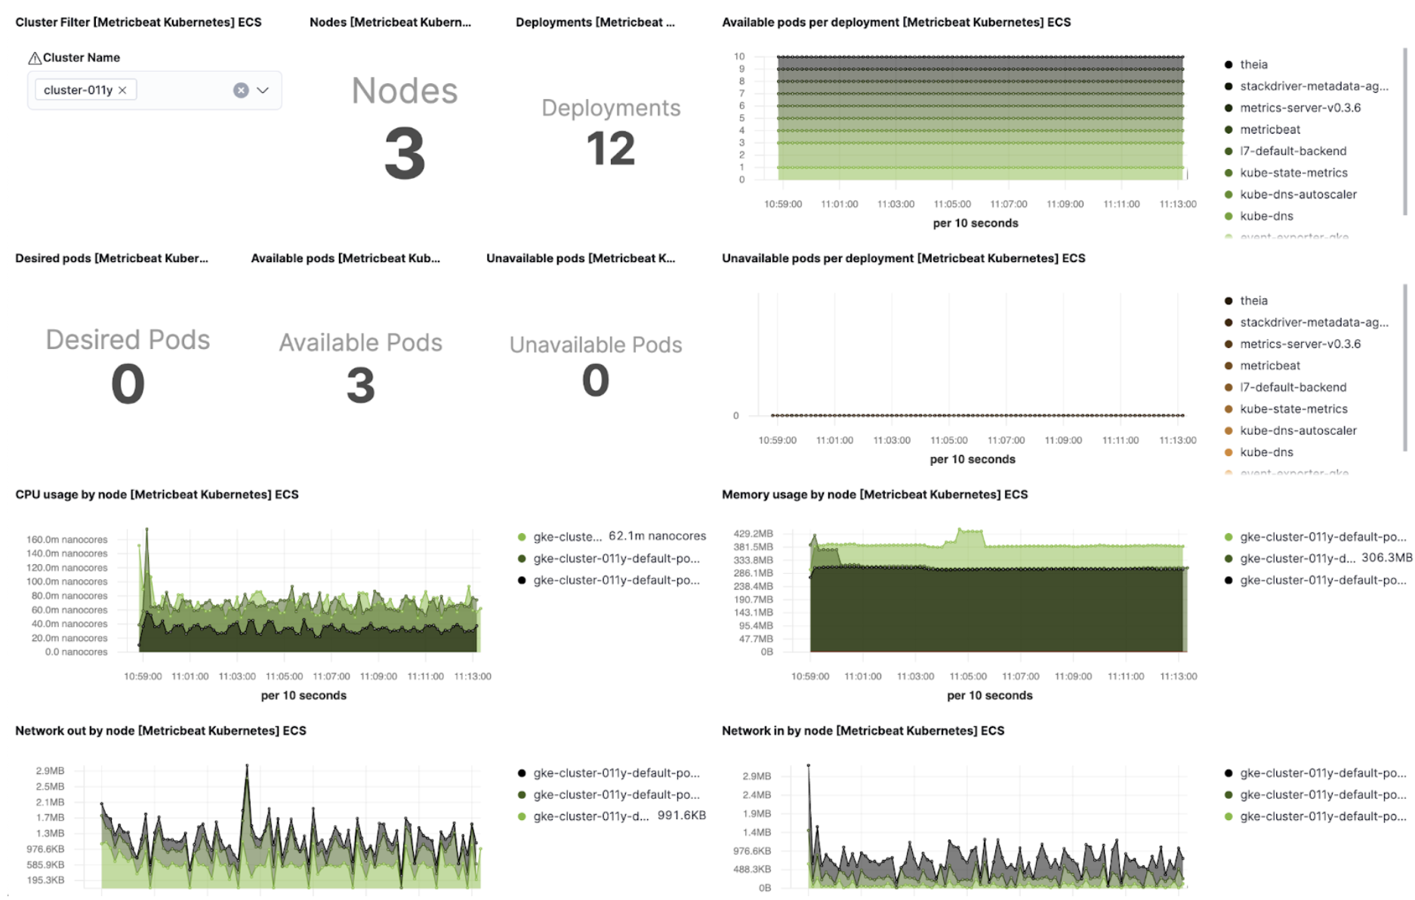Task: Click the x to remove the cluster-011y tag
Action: pos(122,90)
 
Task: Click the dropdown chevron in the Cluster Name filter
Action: pos(263,90)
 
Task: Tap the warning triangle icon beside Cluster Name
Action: pos(35,58)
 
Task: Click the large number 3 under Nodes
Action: pos(405,154)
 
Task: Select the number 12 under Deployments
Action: pos(610,149)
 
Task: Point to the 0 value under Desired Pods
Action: pos(128,384)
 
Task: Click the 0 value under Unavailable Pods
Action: pos(595,380)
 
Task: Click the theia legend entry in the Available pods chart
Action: pos(1253,65)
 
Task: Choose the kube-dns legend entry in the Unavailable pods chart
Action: pos(1266,452)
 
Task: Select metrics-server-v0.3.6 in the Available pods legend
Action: pos(1299,108)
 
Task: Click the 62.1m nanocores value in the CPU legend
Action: pos(657,536)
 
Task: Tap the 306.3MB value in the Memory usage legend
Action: pos(1386,558)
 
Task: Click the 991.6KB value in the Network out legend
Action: pos(681,815)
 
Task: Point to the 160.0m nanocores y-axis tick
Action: pos(67,539)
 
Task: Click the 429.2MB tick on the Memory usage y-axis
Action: pos(753,533)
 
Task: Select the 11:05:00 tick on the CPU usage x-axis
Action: pos(284,677)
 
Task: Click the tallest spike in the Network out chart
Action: pos(247,767)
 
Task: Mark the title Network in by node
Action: pos(862,731)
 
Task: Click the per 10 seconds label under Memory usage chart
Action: pos(989,695)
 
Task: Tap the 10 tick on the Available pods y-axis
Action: pos(739,57)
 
